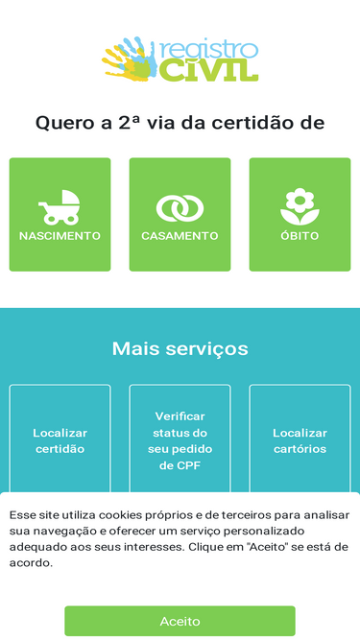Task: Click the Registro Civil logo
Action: click(x=180, y=59)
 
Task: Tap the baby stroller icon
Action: click(x=60, y=206)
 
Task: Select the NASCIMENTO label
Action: click(x=60, y=235)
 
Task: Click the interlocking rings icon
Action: click(x=180, y=207)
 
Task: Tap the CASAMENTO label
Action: click(x=180, y=235)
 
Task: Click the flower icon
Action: click(x=300, y=205)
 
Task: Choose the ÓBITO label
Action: click(x=300, y=235)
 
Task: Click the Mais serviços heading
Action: click(x=180, y=348)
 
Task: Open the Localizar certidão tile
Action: click(x=60, y=440)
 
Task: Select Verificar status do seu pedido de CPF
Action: click(x=180, y=440)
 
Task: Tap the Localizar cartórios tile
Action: click(x=300, y=440)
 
